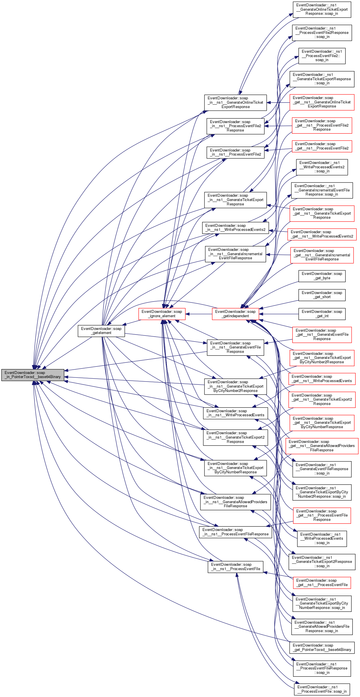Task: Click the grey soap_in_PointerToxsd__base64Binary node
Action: [33, 375]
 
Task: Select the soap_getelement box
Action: [101, 331]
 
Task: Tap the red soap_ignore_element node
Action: [162, 314]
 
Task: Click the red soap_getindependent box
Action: [235, 314]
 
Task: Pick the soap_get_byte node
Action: [322, 276]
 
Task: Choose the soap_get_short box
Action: [322, 295]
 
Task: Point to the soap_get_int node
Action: [322, 314]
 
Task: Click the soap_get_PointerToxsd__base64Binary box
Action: [322, 647]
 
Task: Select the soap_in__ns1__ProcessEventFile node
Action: [235, 567]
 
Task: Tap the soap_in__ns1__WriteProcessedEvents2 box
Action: [235, 228]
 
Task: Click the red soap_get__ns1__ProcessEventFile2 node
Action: [322, 146]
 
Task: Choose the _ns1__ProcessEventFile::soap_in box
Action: [322, 689]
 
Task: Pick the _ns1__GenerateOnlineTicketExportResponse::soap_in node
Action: [322, 9]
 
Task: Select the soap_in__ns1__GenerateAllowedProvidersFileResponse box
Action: [235, 502]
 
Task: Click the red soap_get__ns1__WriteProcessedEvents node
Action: [322, 379]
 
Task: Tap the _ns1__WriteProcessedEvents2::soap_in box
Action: [322, 167]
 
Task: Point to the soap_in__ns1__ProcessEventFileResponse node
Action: [235, 532]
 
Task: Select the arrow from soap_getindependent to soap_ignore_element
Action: [199, 314]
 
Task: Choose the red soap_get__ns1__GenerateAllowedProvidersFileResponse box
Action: [322, 446]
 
